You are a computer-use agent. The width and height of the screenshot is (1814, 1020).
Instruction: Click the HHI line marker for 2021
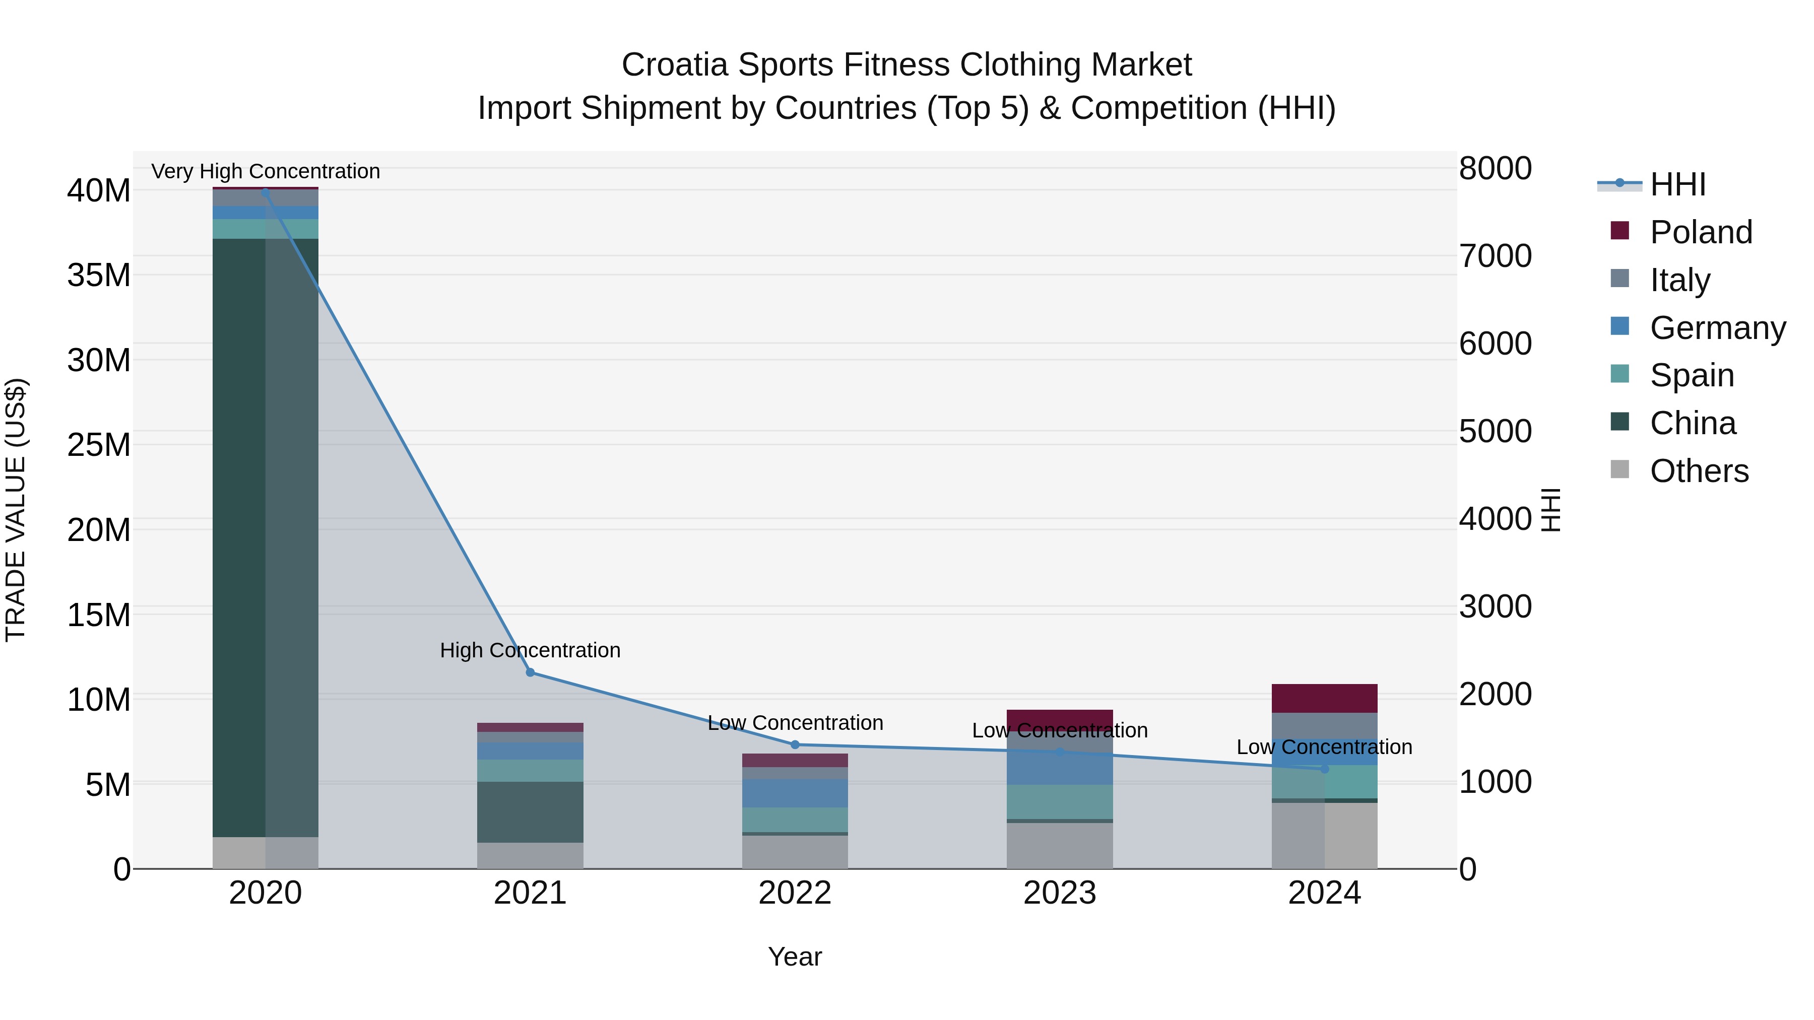pyautogui.click(x=530, y=672)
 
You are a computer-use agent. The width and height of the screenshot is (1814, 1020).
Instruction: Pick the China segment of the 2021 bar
pyautogui.click(x=530, y=811)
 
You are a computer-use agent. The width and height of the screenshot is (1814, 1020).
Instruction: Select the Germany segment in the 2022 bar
pyautogui.click(x=795, y=793)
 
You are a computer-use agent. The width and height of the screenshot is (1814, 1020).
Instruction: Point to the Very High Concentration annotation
pyautogui.click(x=266, y=171)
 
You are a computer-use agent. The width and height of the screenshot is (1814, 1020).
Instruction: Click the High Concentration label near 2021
pyautogui.click(x=530, y=650)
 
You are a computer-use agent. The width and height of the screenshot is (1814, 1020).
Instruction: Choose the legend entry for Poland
pyautogui.click(x=1701, y=232)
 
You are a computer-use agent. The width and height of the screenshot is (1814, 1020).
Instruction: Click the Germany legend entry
pyautogui.click(x=1717, y=327)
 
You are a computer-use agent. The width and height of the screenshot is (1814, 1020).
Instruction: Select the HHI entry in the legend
pyautogui.click(x=1677, y=184)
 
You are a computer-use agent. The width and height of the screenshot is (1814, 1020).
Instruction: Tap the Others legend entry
pyautogui.click(x=1699, y=470)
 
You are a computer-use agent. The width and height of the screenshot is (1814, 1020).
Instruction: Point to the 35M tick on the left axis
pyautogui.click(x=99, y=275)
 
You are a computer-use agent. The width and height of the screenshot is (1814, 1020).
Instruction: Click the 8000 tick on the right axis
pyautogui.click(x=1495, y=168)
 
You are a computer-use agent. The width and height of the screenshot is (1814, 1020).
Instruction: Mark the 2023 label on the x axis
pyautogui.click(x=1059, y=893)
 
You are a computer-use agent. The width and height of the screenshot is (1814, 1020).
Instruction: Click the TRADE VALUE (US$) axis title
pyautogui.click(x=16, y=510)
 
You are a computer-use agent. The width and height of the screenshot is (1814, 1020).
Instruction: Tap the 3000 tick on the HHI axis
pyautogui.click(x=1495, y=606)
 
